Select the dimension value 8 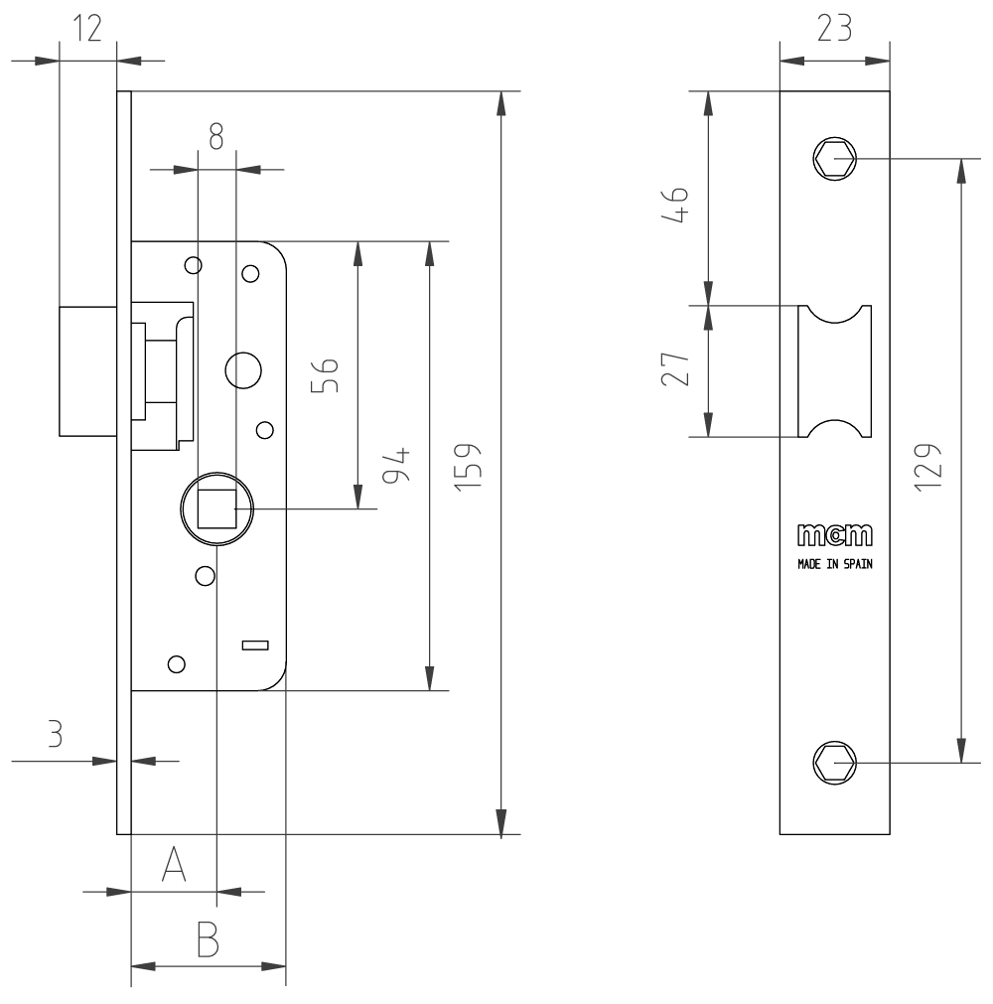coord(215,136)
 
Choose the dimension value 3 coord(56,734)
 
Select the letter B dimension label coord(208,938)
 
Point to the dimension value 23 coord(834,30)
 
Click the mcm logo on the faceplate coord(834,536)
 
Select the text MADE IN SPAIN coord(834,561)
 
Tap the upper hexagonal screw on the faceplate coord(834,158)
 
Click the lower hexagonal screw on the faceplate coord(834,763)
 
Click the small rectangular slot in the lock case coord(255,646)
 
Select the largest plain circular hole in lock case coord(243,370)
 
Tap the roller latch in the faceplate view coord(834,371)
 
